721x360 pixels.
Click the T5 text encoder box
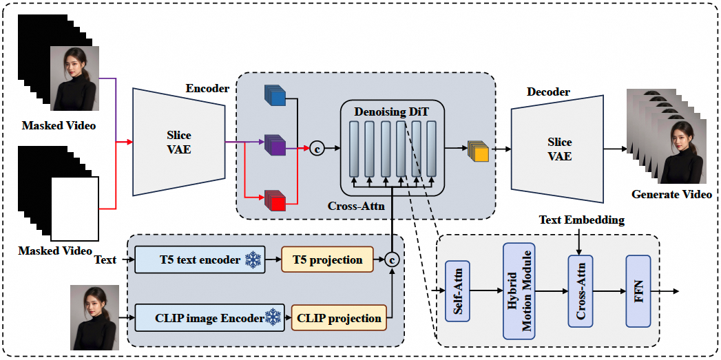200,260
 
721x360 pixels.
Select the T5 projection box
327,260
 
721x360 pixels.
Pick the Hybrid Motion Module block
519,291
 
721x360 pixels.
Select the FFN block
638,291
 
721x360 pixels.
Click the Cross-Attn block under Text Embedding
580,291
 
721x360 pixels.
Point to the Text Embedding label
583,220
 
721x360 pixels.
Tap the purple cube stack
275,145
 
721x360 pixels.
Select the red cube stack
275,200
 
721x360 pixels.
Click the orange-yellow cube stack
478,150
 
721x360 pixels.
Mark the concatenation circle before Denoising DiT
317,148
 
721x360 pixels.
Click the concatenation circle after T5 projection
392,260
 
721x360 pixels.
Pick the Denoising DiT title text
390,110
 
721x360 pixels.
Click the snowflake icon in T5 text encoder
254,260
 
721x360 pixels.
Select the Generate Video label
671,195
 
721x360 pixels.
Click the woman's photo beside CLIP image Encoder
94,318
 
